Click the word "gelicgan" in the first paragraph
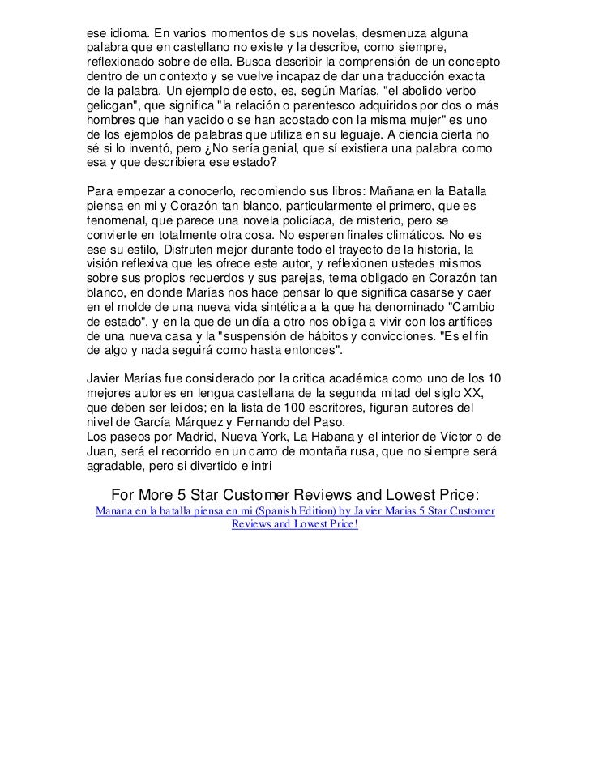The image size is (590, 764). [112, 106]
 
